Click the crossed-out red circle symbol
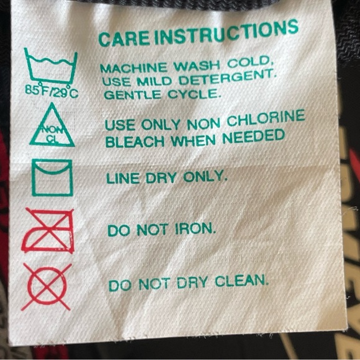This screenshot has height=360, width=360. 47,287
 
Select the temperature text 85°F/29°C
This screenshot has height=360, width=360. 52,91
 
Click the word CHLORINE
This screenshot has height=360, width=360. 266,118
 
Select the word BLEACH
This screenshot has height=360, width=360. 135,142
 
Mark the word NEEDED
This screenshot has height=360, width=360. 253,136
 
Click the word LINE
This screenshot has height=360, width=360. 123,178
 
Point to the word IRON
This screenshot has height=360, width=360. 196,229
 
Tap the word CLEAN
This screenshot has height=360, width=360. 242,281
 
